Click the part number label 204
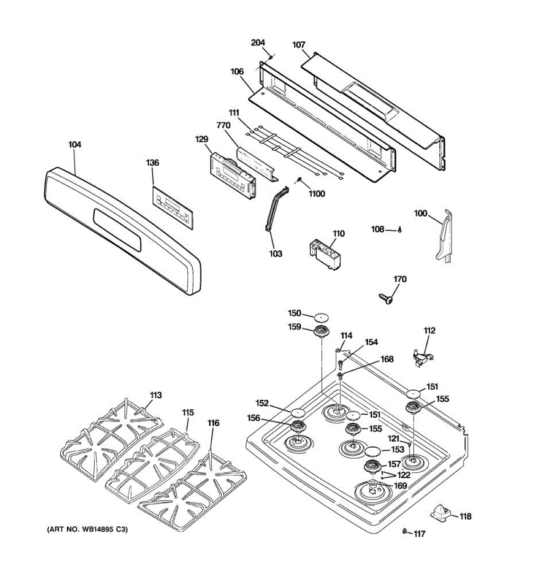coord(258,43)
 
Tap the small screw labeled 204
coord(271,57)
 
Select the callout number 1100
coord(316,193)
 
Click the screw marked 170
coord(386,298)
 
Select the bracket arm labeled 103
coord(276,209)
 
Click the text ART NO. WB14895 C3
coord(87,529)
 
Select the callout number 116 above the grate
coord(213,423)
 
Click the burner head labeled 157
coord(373,467)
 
